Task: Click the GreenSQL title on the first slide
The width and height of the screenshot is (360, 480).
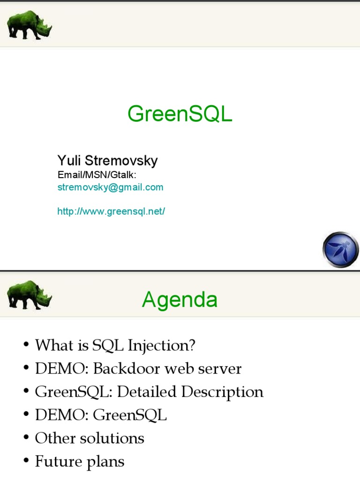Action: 180,114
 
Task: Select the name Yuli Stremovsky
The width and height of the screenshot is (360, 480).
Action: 107,161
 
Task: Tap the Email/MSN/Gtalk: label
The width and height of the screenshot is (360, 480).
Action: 97,175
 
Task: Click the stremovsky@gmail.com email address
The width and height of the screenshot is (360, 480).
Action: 110,187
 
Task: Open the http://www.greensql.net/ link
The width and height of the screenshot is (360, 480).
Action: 111,211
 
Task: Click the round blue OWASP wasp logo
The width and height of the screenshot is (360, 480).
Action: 341,250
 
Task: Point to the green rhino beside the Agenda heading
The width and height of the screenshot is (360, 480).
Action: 29,295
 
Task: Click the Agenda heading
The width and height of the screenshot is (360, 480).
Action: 180,300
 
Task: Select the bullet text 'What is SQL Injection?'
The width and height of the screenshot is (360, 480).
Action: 115,345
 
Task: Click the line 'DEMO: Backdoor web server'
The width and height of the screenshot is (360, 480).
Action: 138,368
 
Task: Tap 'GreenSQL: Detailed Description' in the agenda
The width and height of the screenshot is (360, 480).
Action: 149,391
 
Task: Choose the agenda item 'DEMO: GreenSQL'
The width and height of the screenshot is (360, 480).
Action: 101,415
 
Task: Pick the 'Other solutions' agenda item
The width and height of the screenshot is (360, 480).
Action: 90,438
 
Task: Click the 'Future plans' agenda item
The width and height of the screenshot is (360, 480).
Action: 80,462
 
